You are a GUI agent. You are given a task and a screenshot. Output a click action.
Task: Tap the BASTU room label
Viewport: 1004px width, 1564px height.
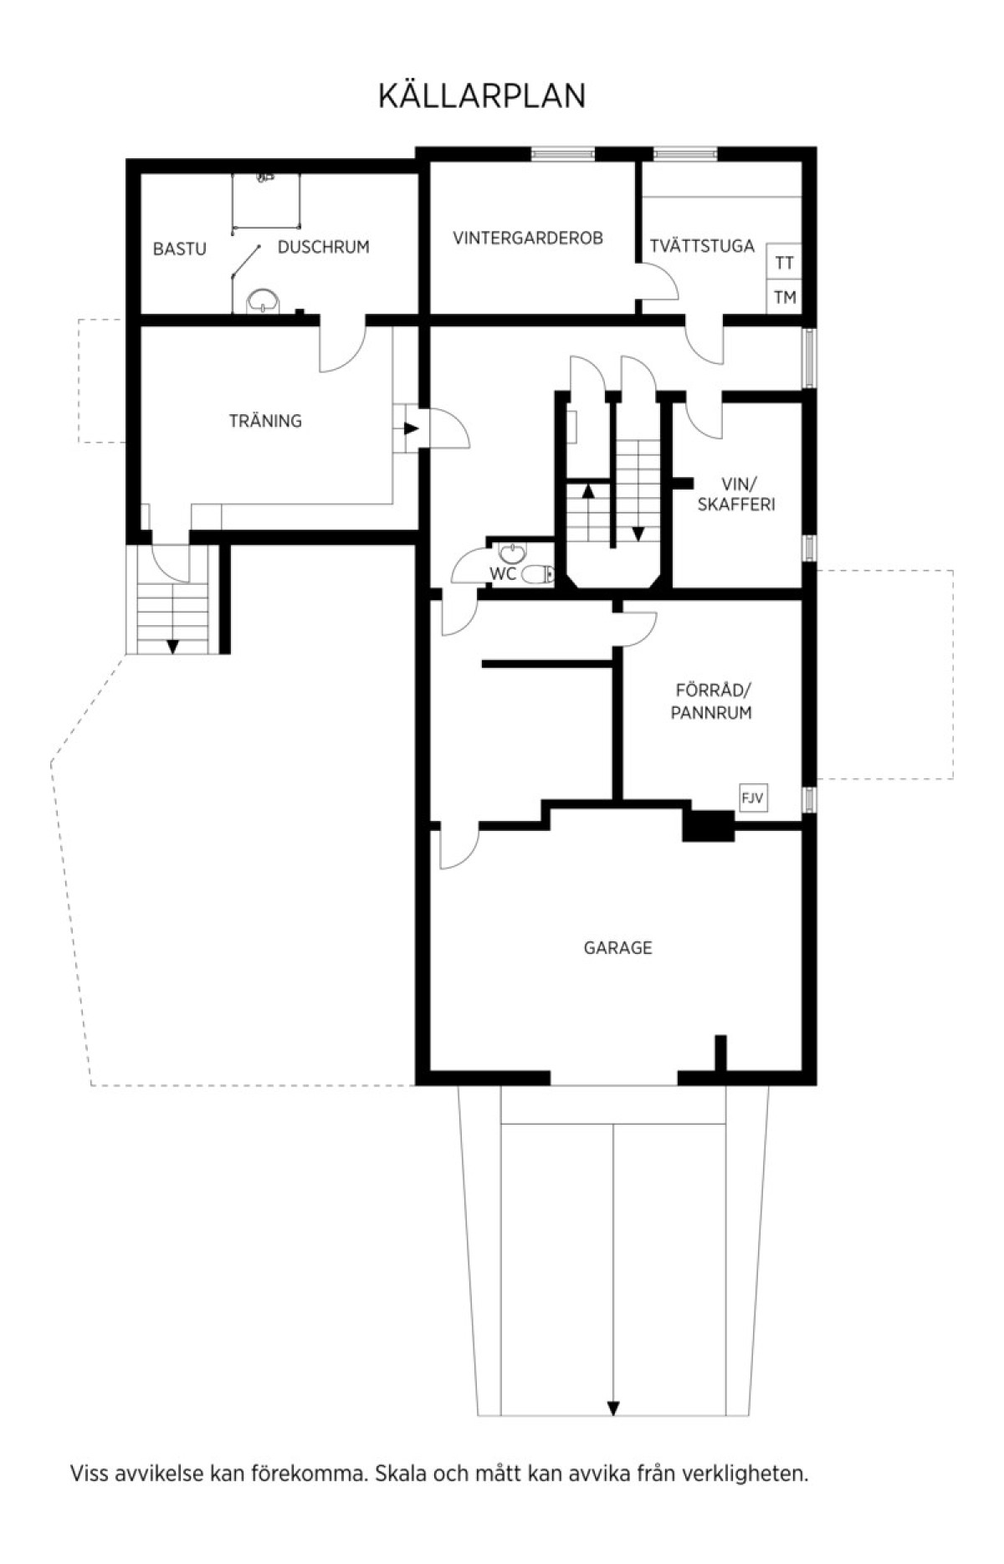[179, 249]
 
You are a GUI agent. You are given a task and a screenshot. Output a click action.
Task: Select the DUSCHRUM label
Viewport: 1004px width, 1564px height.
[323, 247]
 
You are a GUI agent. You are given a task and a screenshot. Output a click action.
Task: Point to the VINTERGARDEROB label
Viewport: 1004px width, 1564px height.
[527, 238]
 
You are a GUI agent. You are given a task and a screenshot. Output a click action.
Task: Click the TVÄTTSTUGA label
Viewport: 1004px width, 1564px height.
[702, 246]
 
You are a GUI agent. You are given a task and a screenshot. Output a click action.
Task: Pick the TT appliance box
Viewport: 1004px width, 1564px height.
[784, 263]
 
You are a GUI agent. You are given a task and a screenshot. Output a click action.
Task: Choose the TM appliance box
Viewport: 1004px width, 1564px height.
[784, 297]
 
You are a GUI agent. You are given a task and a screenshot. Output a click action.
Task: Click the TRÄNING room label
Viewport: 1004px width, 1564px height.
[265, 421]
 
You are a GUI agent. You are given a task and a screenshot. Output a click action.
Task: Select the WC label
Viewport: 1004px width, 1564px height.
[503, 574]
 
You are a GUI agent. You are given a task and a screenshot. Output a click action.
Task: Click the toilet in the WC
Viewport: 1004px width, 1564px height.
[537, 574]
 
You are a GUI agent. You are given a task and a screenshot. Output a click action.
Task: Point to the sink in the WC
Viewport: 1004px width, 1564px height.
[511, 552]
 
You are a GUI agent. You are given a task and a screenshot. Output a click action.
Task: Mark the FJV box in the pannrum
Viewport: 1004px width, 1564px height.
[752, 798]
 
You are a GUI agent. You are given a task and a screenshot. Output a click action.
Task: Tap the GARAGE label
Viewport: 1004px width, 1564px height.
[617, 947]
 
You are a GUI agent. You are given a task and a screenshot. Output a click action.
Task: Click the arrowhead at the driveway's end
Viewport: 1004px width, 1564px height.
[613, 1408]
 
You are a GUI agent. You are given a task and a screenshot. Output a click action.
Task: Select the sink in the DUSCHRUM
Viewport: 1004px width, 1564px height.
[263, 300]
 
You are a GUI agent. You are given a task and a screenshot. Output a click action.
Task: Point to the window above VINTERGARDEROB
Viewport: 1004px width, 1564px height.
[562, 153]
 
